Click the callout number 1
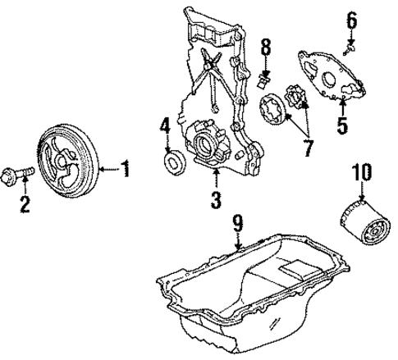pos(126,171)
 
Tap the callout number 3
pos(215,198)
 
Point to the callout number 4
pos(164,127)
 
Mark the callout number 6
pos(350,19)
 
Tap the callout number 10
pos(361,173)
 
